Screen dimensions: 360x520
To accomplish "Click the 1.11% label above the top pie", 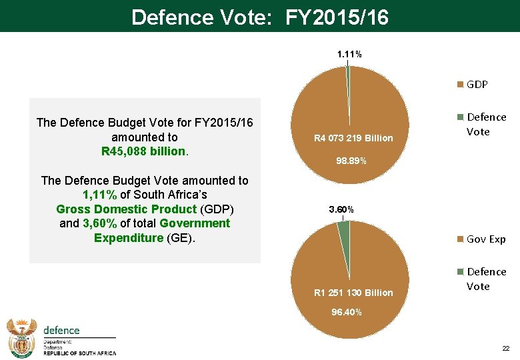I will [x=349, y=54].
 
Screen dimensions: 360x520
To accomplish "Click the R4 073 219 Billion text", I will [x=354, y=138].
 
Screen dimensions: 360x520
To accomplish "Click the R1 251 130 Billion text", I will [x=353, y=293].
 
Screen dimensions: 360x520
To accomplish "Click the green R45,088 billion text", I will [x=144, y=151].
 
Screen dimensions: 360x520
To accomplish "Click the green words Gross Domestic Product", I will [x=126, y=209].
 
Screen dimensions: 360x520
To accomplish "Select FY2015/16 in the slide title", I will [x=337, y=17].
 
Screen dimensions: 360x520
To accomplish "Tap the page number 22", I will [x=505, y=349].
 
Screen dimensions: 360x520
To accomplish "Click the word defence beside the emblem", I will [x=61, y=331].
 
